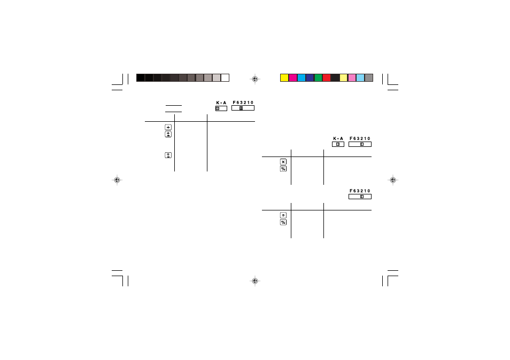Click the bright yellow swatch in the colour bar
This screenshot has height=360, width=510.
284,77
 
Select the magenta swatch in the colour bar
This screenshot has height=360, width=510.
293,77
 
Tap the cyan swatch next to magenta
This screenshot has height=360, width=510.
301,77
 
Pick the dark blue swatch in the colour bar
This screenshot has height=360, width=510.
310,77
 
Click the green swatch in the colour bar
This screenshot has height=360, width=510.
318,77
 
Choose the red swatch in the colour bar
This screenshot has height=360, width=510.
327,77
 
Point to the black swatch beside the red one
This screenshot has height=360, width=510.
335,77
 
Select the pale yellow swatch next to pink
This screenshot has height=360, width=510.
343,77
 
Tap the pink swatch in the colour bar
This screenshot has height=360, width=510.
352,77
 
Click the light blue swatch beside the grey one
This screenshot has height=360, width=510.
360,77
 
